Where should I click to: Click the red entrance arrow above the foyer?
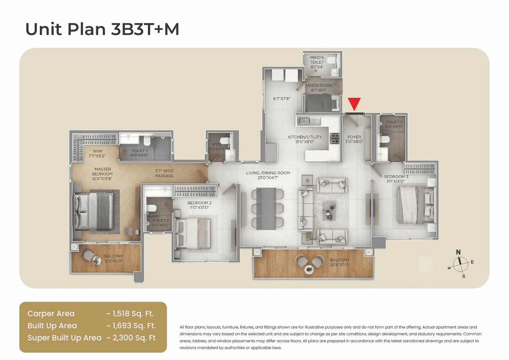pos(354,103)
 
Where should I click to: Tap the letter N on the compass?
pos(458,252)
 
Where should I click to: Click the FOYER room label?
pos(354,137)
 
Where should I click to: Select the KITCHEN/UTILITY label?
pos(305,137)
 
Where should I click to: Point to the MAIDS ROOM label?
pos(319,86)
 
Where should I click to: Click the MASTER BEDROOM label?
pos(103,171)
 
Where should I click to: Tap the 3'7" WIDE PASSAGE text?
pos(165,173)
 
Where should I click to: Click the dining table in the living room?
pos(267,208)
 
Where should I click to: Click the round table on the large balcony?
pos(309,270)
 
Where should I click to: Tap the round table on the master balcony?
pos(97,260)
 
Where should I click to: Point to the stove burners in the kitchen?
pos(335,138)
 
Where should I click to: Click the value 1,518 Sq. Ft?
pos(130,314)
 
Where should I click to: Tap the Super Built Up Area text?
pos(64,338)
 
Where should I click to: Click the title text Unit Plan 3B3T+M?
pos(102,29)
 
